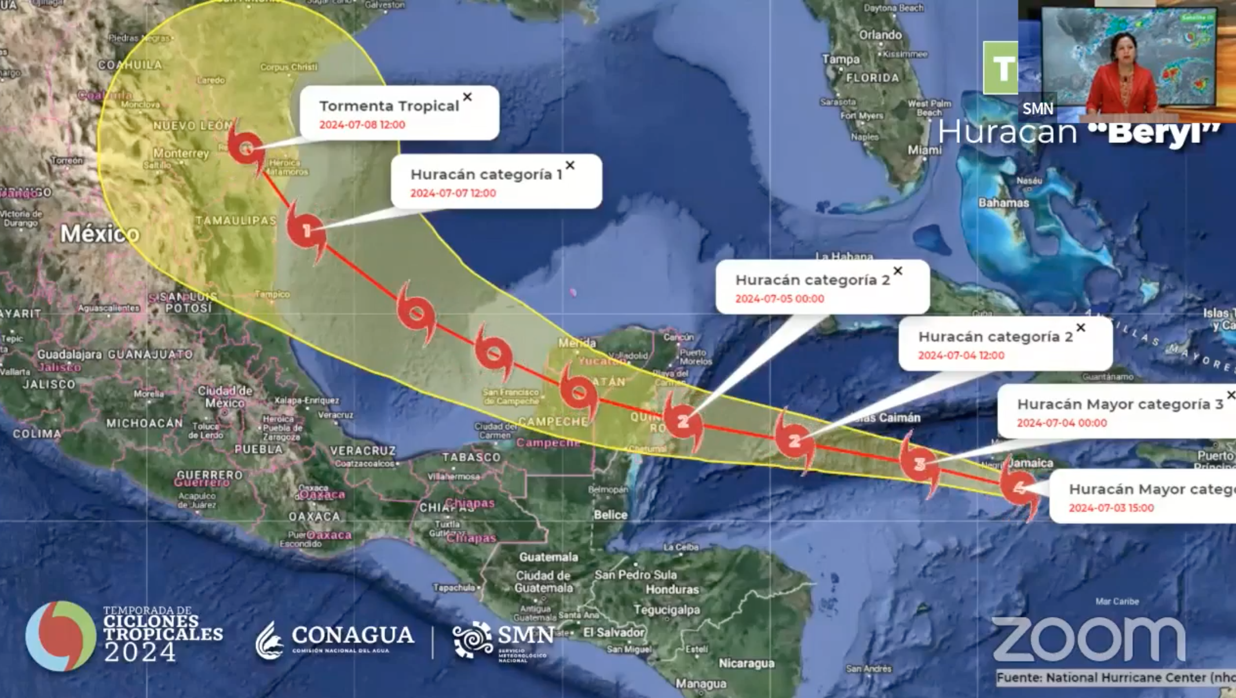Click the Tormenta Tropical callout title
tap(389, 106)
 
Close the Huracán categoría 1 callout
tap(571, 166)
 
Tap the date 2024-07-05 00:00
tap(780, 299)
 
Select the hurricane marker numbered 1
tap(306, 231)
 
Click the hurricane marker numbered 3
tap(920, 464)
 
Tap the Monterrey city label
tap(181, 153)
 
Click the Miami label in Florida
tap(924, 150)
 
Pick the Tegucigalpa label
tap(667, 609)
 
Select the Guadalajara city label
tap(70, 354)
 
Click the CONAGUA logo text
tap(353, 635)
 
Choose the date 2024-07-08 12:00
tap(362, 124)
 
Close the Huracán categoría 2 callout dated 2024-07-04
tap(1081, 328)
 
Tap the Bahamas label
tap(1003, 203)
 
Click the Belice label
tap(610, 515)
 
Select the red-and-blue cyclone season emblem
tap(60, 635)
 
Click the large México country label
tap(100, 234)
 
